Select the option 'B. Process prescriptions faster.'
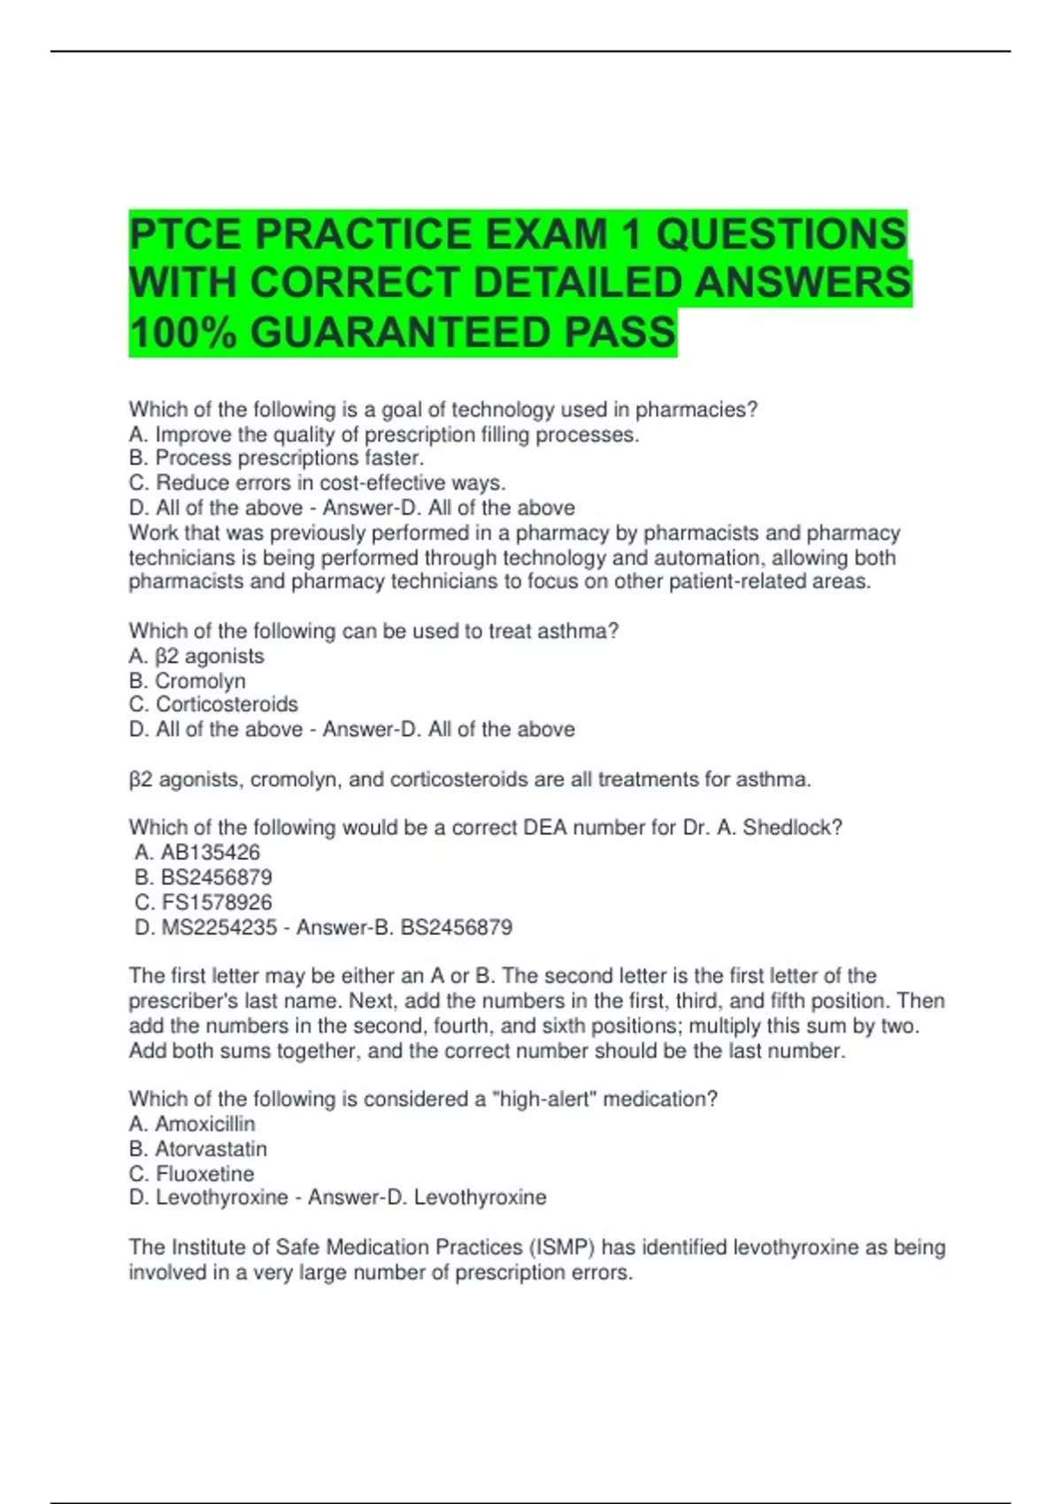tap(276, 458)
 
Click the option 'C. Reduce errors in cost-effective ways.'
tap(317, 483)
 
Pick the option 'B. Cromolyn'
tap(187, 681)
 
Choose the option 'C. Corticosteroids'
tap(213, 704)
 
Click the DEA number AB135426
tap(211, 853)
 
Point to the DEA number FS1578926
tap(217, 902)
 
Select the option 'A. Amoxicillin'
tap(192, 1124)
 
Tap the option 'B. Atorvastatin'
tap(197, 1149)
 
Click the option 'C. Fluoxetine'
tap(191, 1174)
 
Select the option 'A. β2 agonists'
tap(196, 656)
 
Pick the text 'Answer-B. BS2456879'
tap(404, 928)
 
